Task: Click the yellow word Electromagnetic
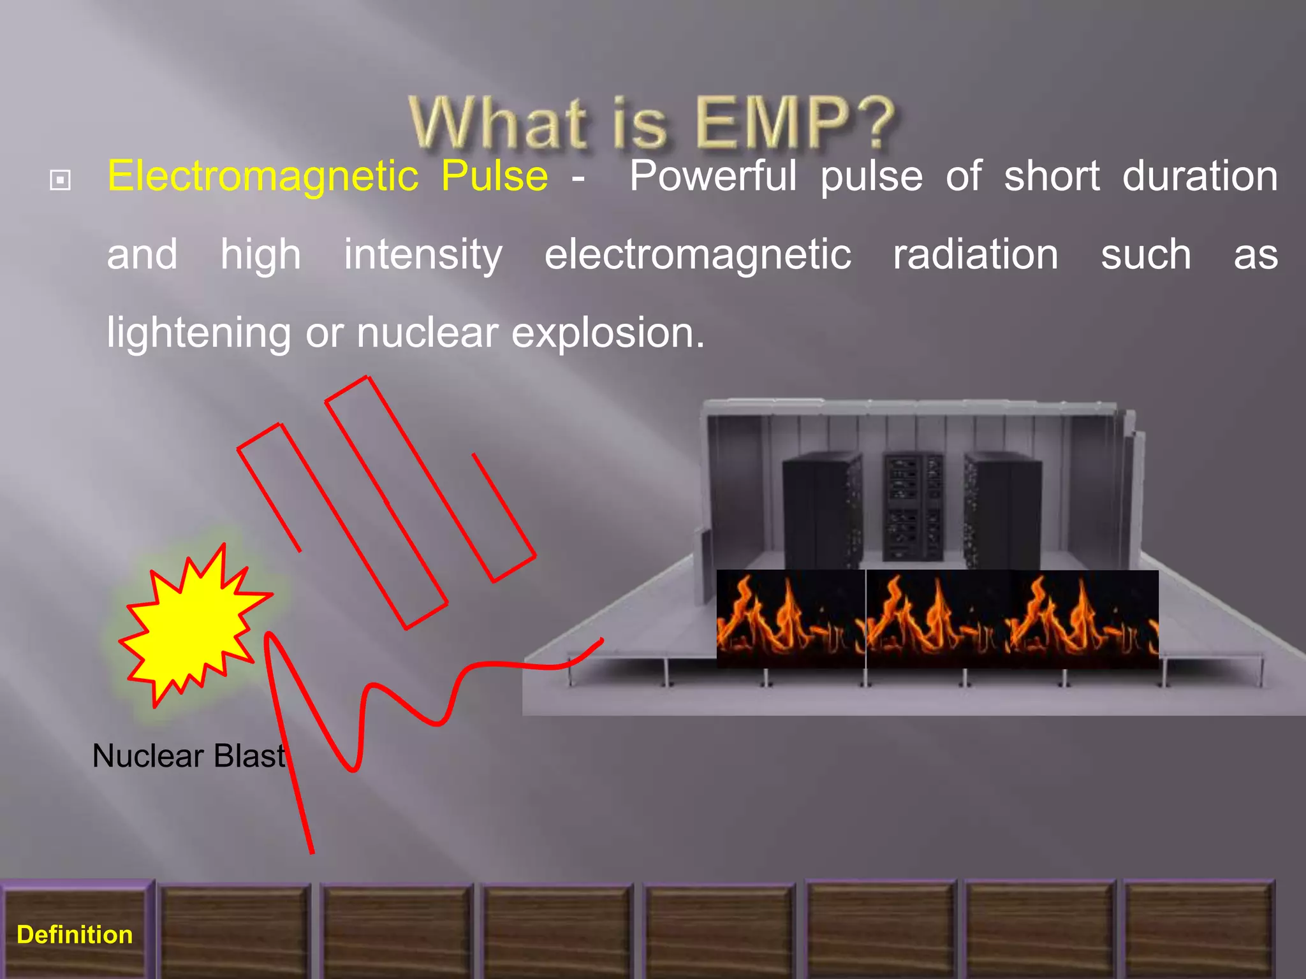263,177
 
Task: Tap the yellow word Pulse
494,176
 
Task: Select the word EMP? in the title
795,122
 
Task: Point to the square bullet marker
60,180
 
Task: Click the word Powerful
713,176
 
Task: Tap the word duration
1200,176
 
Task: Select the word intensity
423,255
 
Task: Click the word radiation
975,254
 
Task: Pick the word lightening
198,333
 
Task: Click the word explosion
608,333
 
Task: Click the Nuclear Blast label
189,756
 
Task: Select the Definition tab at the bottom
75,934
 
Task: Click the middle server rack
912,507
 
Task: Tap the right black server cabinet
1001,510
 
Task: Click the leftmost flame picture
791,619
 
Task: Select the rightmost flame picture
1084,619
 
